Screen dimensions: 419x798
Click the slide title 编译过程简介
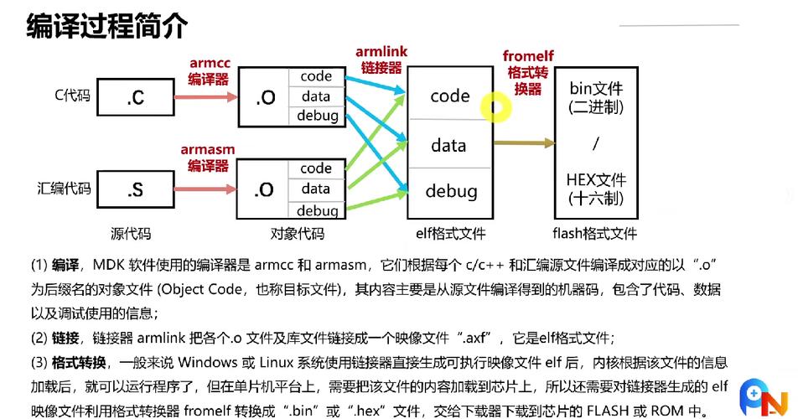106,27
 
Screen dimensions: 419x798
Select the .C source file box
135,97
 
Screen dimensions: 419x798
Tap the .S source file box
135,190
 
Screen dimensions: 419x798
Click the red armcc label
210,63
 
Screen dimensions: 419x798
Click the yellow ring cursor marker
495,106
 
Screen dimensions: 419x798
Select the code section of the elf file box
450,96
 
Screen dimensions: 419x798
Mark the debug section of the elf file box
450,191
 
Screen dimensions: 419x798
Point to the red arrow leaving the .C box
205,97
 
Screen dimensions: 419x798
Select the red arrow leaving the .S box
205,189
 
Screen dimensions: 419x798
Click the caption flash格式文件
595,234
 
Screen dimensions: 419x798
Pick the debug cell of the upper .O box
318,116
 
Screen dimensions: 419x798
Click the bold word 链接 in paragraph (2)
66,338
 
